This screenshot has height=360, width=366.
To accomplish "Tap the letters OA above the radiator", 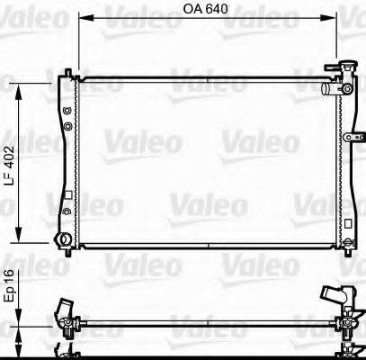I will tap(195, 10).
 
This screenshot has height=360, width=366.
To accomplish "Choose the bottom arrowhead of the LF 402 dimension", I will tap(19, 240).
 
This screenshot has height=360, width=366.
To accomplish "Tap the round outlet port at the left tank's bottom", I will tap(62, 240).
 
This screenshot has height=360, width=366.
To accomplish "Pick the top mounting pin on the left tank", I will tap(68, 72).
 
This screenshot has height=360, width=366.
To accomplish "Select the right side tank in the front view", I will tap(347, 162).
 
